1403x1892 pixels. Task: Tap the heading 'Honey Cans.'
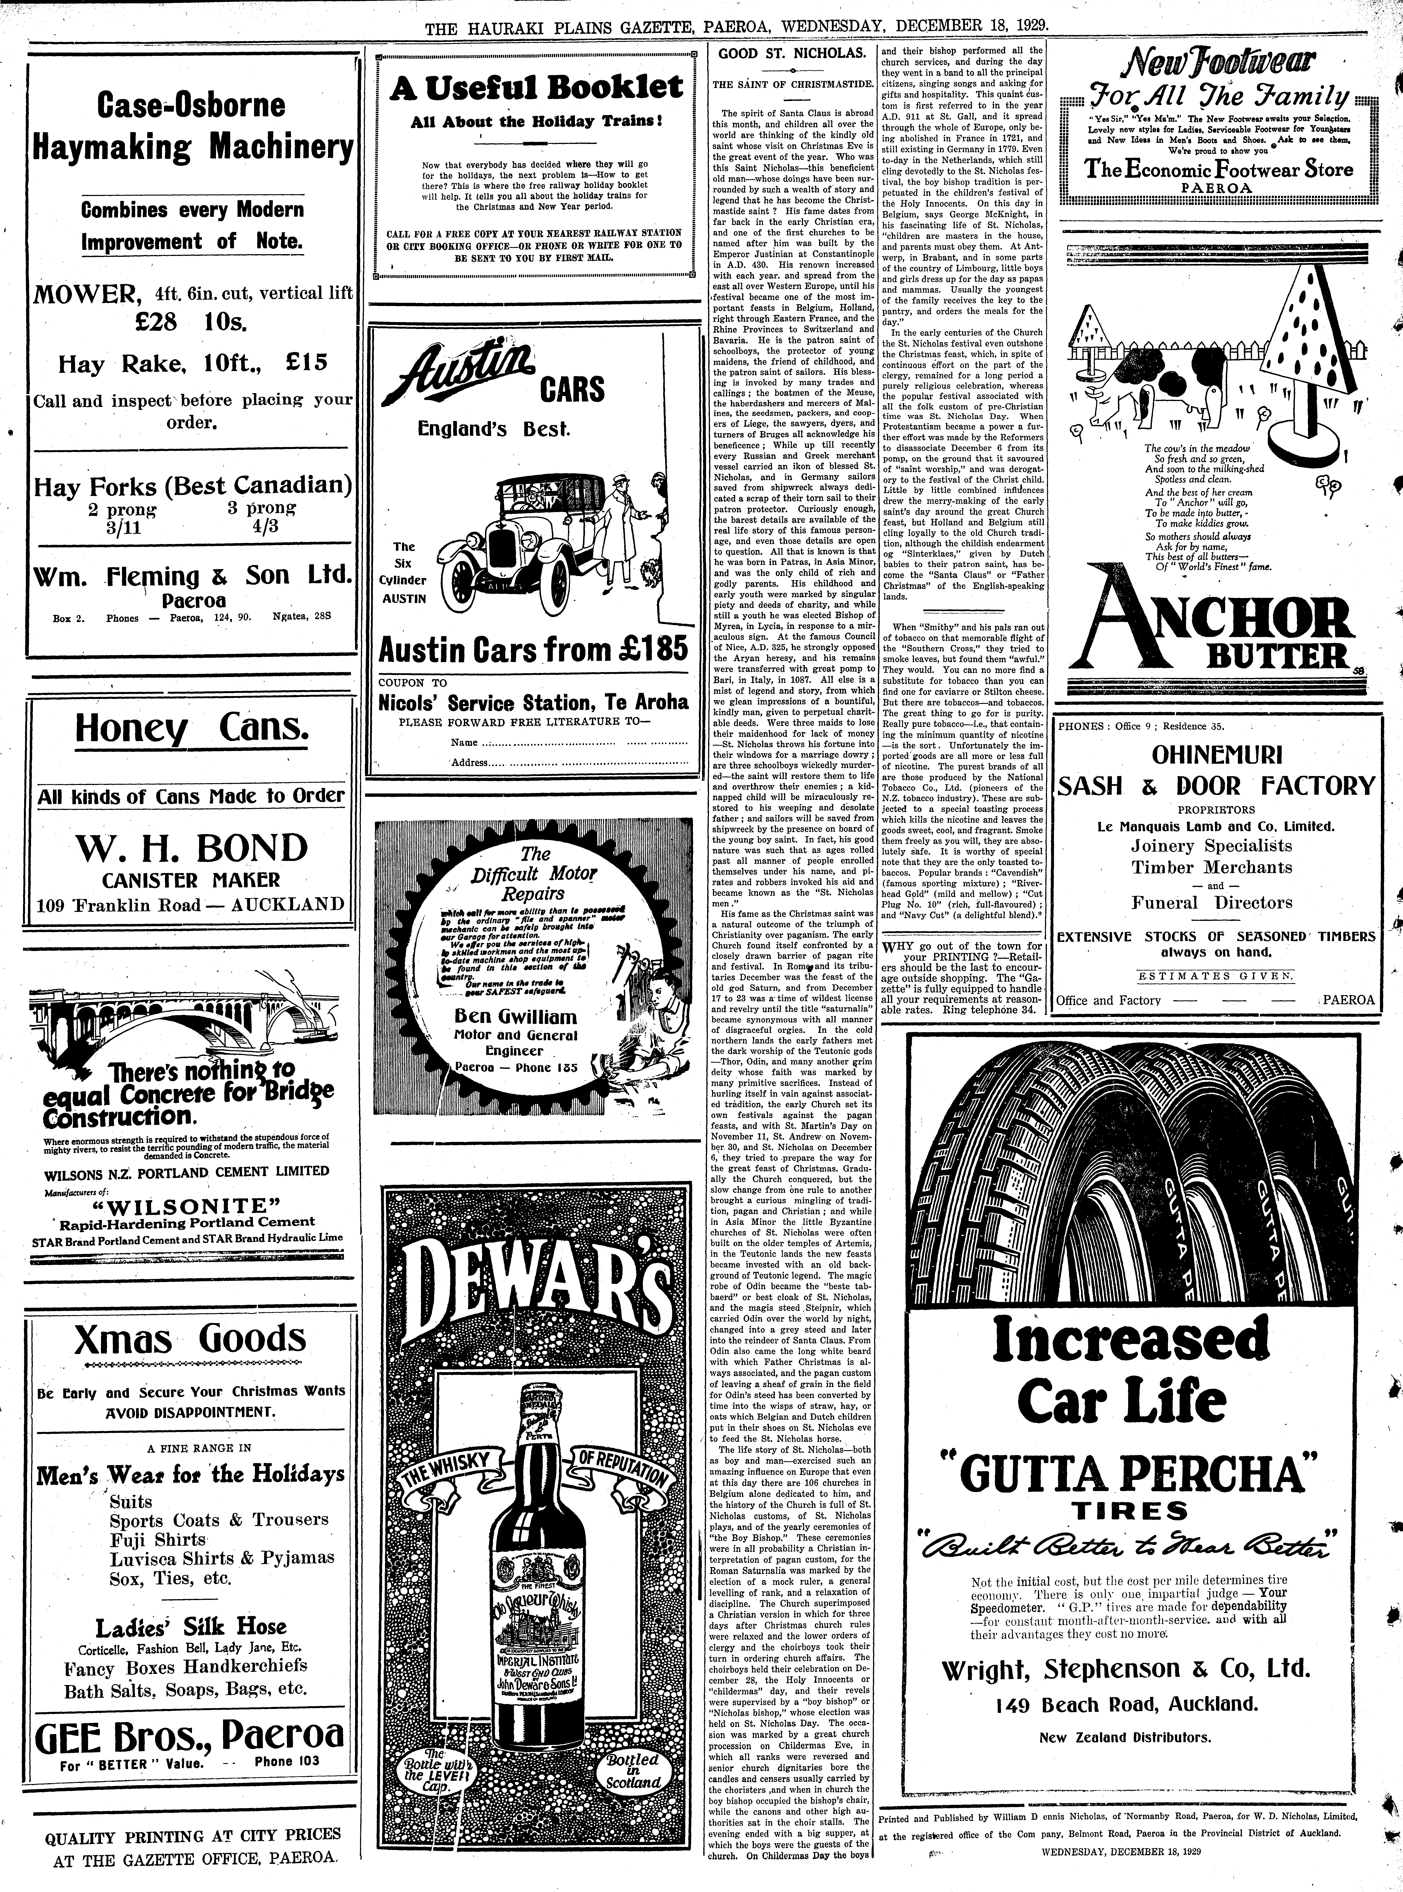pyautogui.click(x=191, y=728)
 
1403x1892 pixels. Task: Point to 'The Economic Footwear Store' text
pyautogui.click(x=1219, y=169)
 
